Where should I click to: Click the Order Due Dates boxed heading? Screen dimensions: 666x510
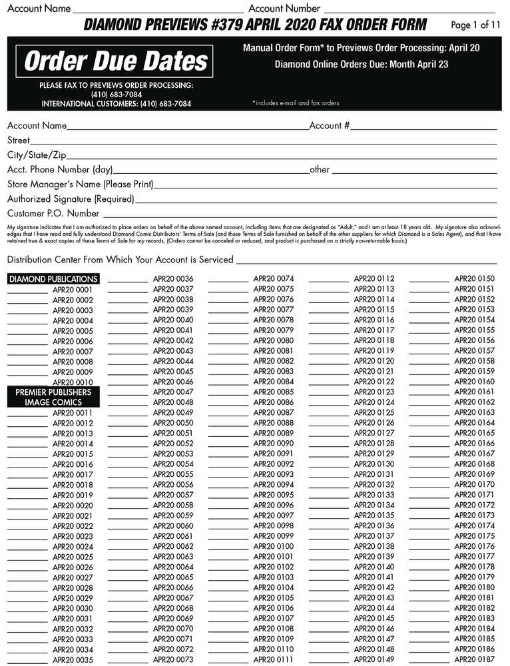click(116, 62)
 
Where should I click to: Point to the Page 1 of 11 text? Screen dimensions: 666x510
click(475, 25)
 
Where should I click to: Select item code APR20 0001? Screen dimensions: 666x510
click(73, 290)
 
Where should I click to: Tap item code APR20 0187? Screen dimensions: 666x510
click(474, 659)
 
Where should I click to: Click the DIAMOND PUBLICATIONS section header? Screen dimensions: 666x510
click(53, 279)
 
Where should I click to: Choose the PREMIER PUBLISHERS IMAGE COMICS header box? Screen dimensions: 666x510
click(53, 398)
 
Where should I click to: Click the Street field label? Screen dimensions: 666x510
click(19, 141)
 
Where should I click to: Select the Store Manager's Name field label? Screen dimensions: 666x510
click(80, 184)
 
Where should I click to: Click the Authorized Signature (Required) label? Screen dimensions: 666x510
click(71, 198)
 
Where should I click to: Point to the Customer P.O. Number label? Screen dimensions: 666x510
click(53, 214)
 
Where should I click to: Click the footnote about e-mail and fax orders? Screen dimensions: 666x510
click(296, 103)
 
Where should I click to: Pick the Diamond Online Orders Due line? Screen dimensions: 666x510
click(361, 65)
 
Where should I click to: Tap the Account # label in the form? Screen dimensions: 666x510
click(330, 125)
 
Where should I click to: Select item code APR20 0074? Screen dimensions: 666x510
click(273, 279)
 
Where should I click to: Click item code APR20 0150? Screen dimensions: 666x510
click(474, 279)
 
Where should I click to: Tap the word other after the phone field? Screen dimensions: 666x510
click(320, 170)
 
